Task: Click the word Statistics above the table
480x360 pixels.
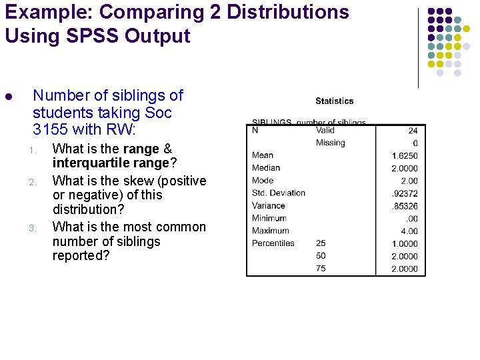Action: (334, 101)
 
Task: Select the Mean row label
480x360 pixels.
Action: (263, 155)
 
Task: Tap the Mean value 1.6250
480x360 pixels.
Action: (405, 156)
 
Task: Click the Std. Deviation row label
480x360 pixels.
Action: (279, 193)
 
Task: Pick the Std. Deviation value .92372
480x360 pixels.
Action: (405, 193)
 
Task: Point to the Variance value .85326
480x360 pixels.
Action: (405, 206)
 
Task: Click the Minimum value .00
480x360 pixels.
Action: (411, 219)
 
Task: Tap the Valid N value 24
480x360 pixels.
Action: (413, 131)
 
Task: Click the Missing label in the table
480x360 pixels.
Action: (330, 143)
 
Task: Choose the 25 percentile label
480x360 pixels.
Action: (321, 243)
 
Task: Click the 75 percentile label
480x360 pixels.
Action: (321, 269)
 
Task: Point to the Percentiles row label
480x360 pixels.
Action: (273, 243)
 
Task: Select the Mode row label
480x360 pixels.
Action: (263, 181)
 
